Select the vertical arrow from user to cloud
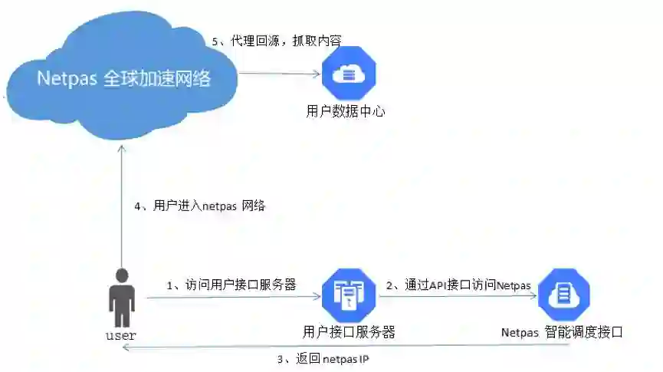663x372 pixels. (120, 207)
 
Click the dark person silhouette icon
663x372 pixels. (121, 298)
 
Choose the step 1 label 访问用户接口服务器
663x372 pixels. (231, 285)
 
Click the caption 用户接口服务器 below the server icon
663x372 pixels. (349, 332)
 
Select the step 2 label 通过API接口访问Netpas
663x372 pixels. (458, 285)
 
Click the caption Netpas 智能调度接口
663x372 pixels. (562, 332)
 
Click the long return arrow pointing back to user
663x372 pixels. (345, 347)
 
